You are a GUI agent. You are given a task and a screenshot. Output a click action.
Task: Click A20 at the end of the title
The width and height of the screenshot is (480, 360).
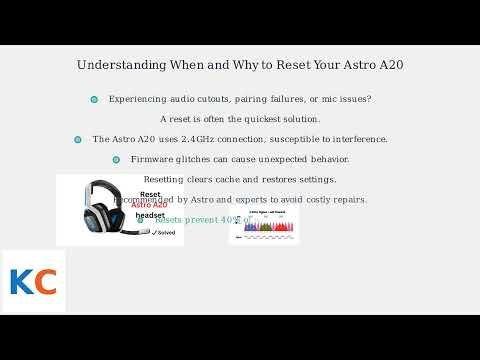390,65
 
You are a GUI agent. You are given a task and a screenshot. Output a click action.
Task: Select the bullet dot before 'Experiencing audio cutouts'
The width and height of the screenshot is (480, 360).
94,99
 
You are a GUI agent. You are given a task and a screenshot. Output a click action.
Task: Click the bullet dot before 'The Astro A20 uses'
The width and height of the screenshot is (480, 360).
78,139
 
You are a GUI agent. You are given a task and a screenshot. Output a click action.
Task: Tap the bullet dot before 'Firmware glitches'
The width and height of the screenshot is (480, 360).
116,159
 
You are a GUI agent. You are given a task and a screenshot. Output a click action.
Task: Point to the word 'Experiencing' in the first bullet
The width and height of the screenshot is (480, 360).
137,99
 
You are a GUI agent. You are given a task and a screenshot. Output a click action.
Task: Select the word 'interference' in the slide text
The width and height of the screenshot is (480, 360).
359,139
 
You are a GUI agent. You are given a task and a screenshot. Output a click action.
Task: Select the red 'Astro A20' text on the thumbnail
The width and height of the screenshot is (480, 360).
149,205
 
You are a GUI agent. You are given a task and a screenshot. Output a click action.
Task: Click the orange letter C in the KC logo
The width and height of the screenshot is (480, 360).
44,282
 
